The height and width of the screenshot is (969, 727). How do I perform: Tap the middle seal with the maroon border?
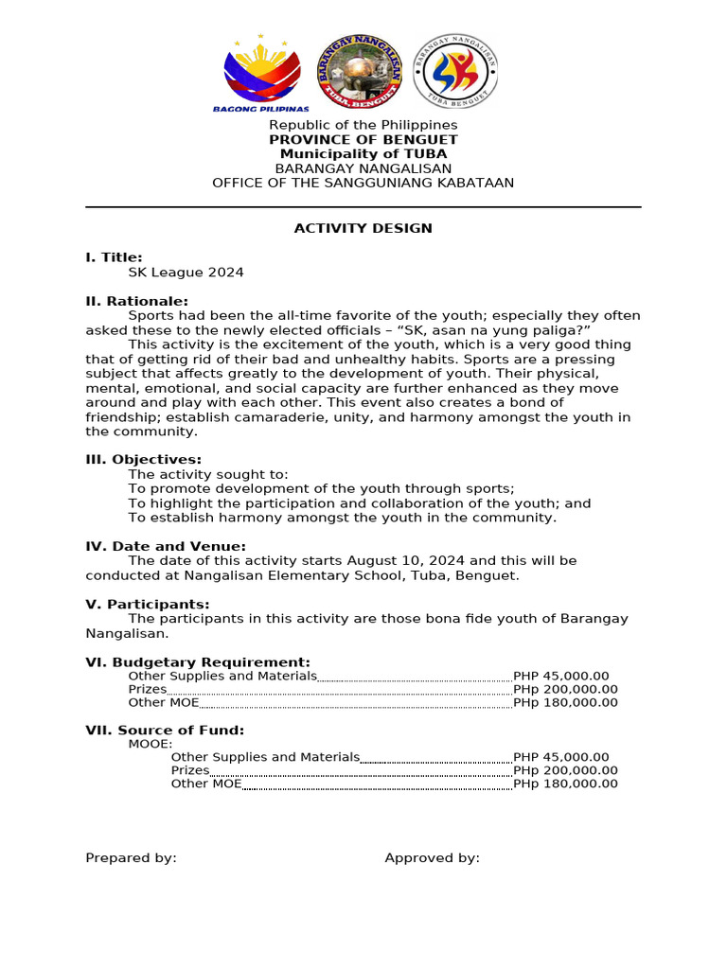[x=359, y=72]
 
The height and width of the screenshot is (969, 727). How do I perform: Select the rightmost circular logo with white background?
[x=455, y=73]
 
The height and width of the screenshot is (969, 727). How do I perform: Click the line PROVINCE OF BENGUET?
[x=363, y=140]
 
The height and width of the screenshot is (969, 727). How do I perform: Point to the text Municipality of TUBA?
[x=363, y=154]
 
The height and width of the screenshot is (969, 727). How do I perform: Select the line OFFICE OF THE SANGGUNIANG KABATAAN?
[x=363, y=183]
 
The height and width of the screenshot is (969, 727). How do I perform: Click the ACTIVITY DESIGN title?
[x=363, y=228]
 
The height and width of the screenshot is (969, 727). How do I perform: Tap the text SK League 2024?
[x=186, y=273]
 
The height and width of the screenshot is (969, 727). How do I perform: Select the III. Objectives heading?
[x=143, y=460]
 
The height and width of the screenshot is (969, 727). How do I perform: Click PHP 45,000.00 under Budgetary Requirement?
[x=560, y=676]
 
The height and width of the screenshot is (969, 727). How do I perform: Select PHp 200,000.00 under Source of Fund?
[x=565, y=770]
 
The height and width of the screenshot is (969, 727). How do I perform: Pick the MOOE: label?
[x=151, y=744]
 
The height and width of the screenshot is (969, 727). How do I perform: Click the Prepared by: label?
[x=131, y=858]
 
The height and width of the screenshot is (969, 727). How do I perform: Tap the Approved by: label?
[x=432, y=858]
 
